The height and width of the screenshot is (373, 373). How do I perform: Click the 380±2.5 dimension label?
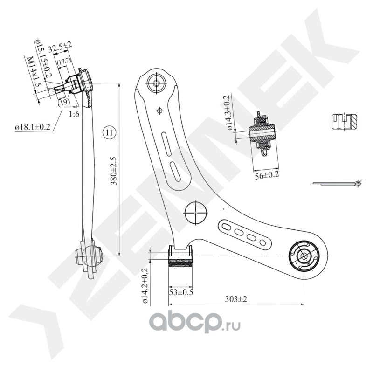point(114,171)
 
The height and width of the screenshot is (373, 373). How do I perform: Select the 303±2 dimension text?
point(236,299)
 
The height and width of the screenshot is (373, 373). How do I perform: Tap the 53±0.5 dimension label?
point(181,292)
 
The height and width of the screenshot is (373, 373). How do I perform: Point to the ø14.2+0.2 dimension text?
point(145,285)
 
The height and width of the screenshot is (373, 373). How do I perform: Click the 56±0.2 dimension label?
point(266,176)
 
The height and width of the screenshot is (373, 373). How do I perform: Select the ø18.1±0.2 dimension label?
point(32,127)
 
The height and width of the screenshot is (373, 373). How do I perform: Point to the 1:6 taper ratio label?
point(74,114)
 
